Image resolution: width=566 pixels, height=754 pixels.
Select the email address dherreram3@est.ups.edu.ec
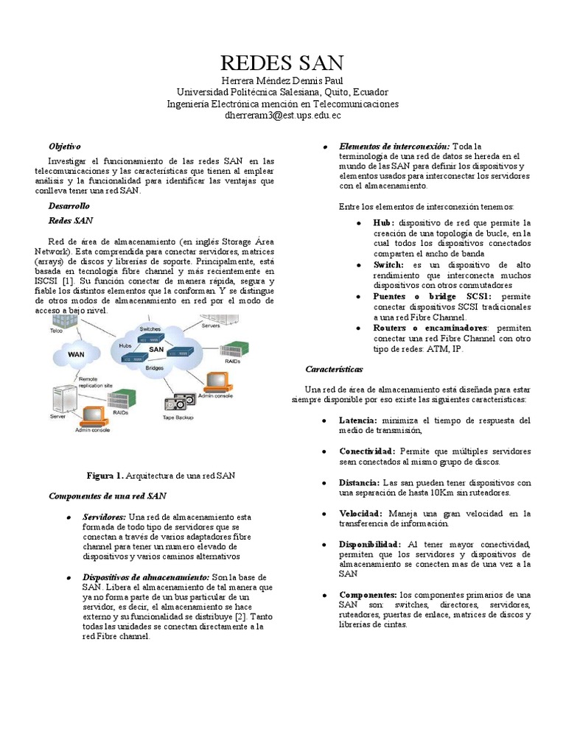click(282, 116)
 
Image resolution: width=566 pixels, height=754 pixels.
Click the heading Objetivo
click(64, 147)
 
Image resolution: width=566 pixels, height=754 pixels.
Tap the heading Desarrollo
click(69, 206)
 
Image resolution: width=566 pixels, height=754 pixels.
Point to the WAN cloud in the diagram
click(77, 354)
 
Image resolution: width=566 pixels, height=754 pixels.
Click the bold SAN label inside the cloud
click(156, 349)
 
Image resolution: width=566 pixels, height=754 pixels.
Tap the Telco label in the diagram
click(55, 331)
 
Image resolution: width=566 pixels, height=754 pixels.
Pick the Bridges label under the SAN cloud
click(154, 367)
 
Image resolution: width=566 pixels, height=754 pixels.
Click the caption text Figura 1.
click(106, 476)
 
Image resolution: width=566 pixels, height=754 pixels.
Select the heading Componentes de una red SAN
click(107, 497)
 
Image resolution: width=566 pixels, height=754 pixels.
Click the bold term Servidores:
click(104, 518)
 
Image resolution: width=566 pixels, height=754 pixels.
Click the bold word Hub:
click(384, 222)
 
